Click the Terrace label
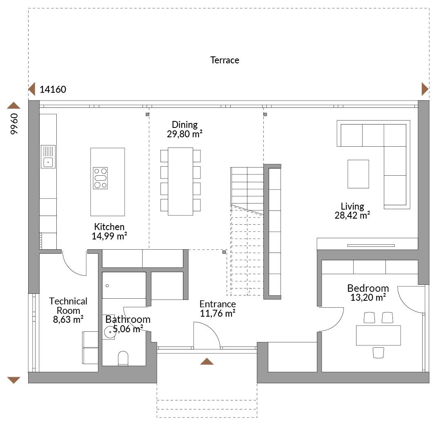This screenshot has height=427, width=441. [x=225, y=60]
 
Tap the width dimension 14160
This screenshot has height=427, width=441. [x=53, y=89]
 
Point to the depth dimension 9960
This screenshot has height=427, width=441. [x=14, y=124]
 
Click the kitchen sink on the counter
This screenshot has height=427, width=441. [x=48, y=157]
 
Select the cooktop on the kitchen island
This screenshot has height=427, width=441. [x=100, y=178]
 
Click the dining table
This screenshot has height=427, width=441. [x=180, y=181]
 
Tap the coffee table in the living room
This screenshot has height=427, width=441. [x=358, y=174]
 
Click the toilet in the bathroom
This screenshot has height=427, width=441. [x=123, y=358]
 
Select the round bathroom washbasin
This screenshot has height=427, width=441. [x=110, y=332]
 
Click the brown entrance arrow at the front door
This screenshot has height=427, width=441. [x=207, y=361]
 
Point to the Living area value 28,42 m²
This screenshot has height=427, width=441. [x=352, y=215]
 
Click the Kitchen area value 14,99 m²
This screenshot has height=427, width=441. [x=109, y=236]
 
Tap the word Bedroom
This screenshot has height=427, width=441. [x=368, y=288]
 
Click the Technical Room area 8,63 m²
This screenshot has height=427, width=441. [x=68, y=320]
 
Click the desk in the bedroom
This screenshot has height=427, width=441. [x=378, y=335]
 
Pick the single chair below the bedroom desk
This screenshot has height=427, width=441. [x=378, y=353]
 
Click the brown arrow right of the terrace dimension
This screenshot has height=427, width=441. [x=425, y=89]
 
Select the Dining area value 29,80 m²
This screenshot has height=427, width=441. [x=185, y=134]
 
